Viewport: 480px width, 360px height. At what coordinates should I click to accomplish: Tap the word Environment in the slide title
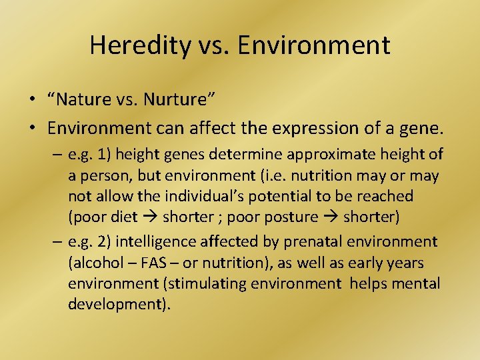(313, 45)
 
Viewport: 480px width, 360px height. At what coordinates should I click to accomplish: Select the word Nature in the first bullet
(79, 100)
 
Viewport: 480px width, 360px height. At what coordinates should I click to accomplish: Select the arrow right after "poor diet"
(152, 217)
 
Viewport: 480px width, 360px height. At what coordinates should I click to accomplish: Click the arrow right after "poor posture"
(332, 217)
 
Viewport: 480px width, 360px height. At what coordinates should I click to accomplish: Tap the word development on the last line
(118, 305)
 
